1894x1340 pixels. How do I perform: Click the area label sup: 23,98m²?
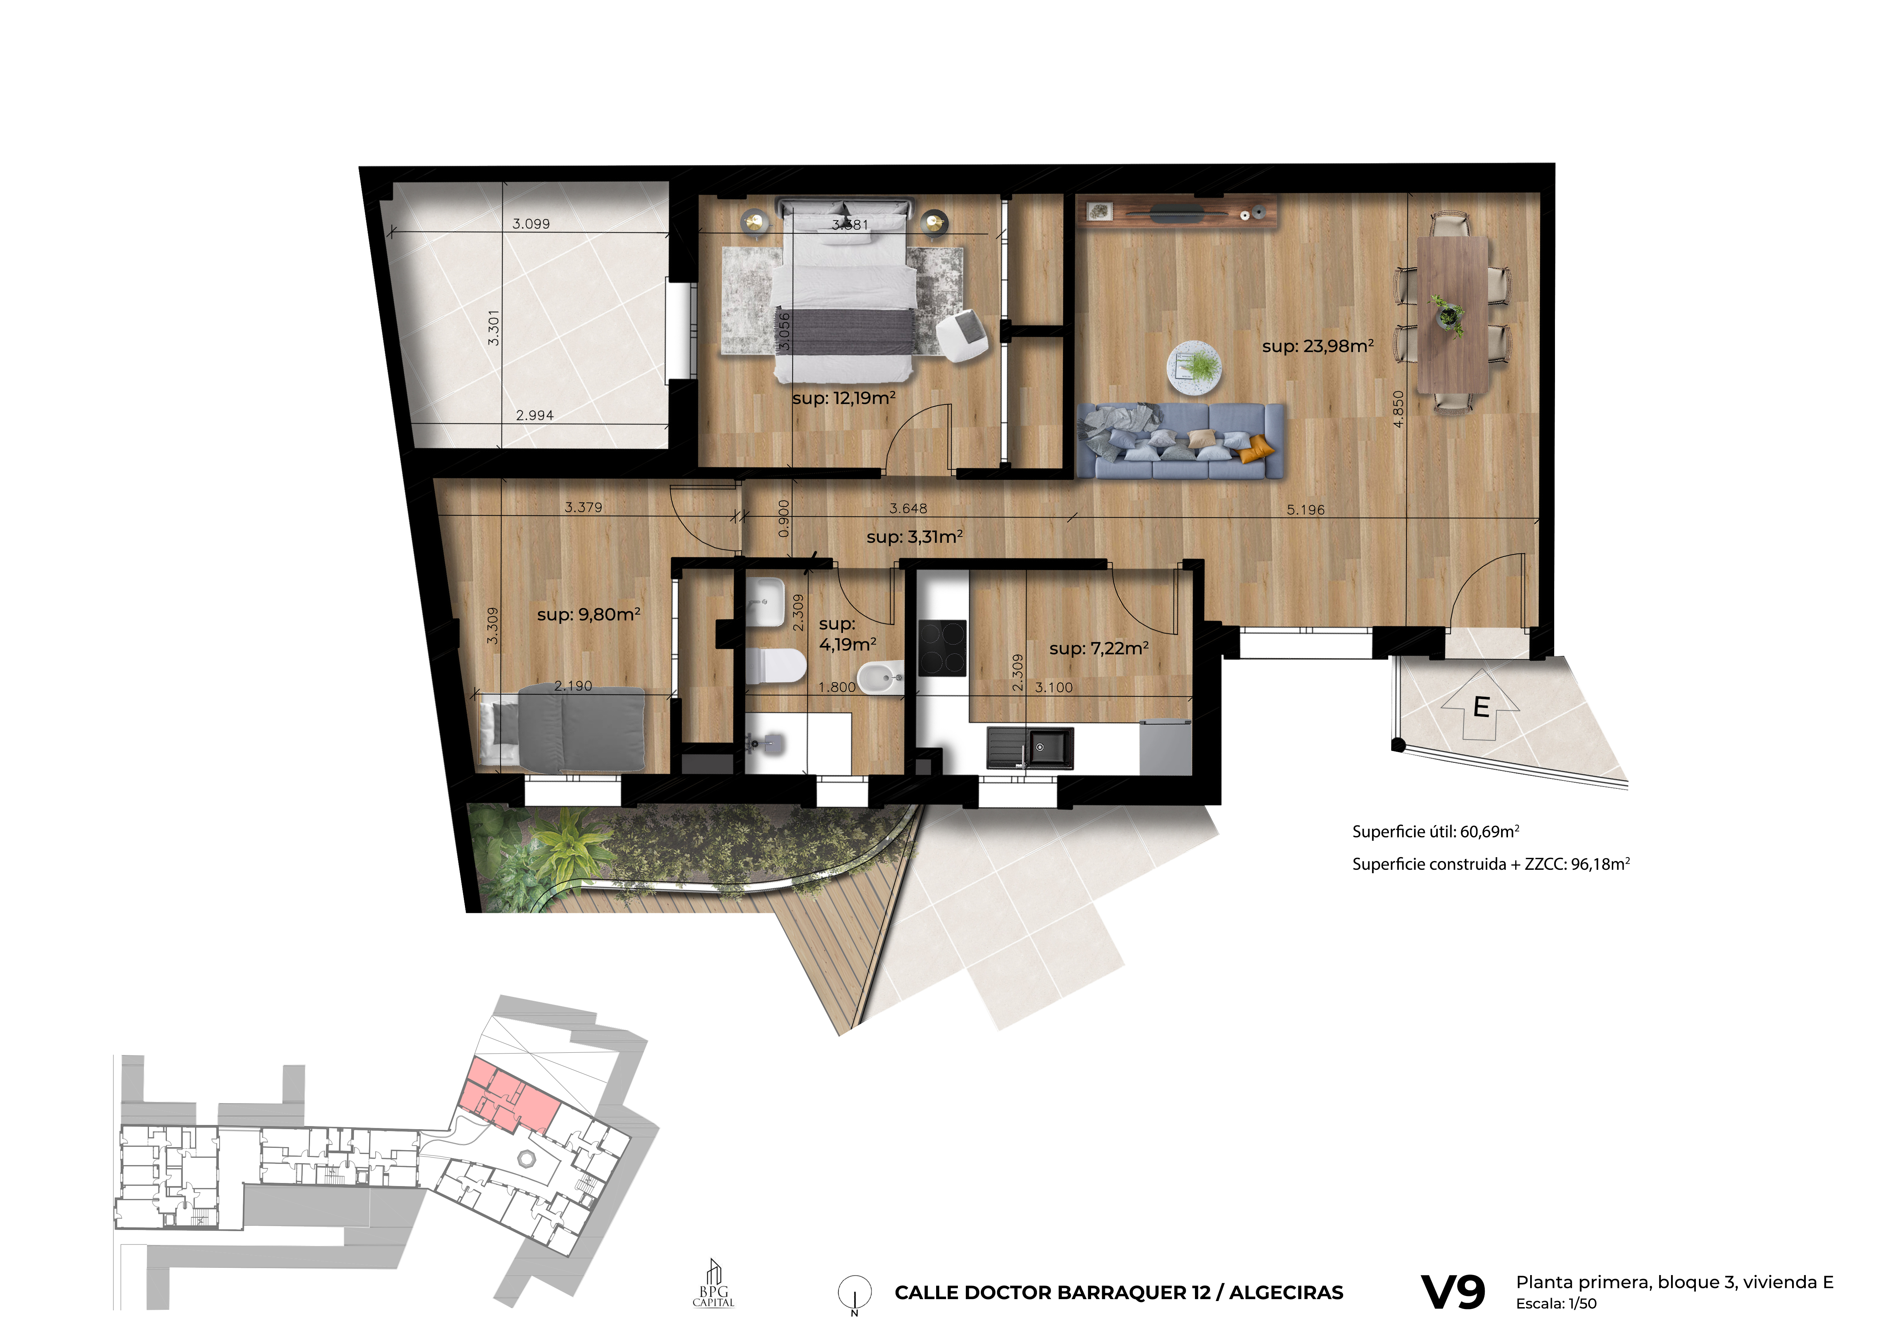click(x=1318, y=346)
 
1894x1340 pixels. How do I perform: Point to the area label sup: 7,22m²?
click(x=1099, y=649)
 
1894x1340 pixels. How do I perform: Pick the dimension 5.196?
click(x=1306, y=510)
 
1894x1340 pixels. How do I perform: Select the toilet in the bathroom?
click(x=775, y=666)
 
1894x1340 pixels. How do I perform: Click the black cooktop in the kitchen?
click(x=942, y=648)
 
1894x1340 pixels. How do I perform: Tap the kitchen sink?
click(x=1030, y=748)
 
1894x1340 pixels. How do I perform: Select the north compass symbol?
click(x=854, y=1293)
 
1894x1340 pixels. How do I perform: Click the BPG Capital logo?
click(x=714, y=1284)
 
